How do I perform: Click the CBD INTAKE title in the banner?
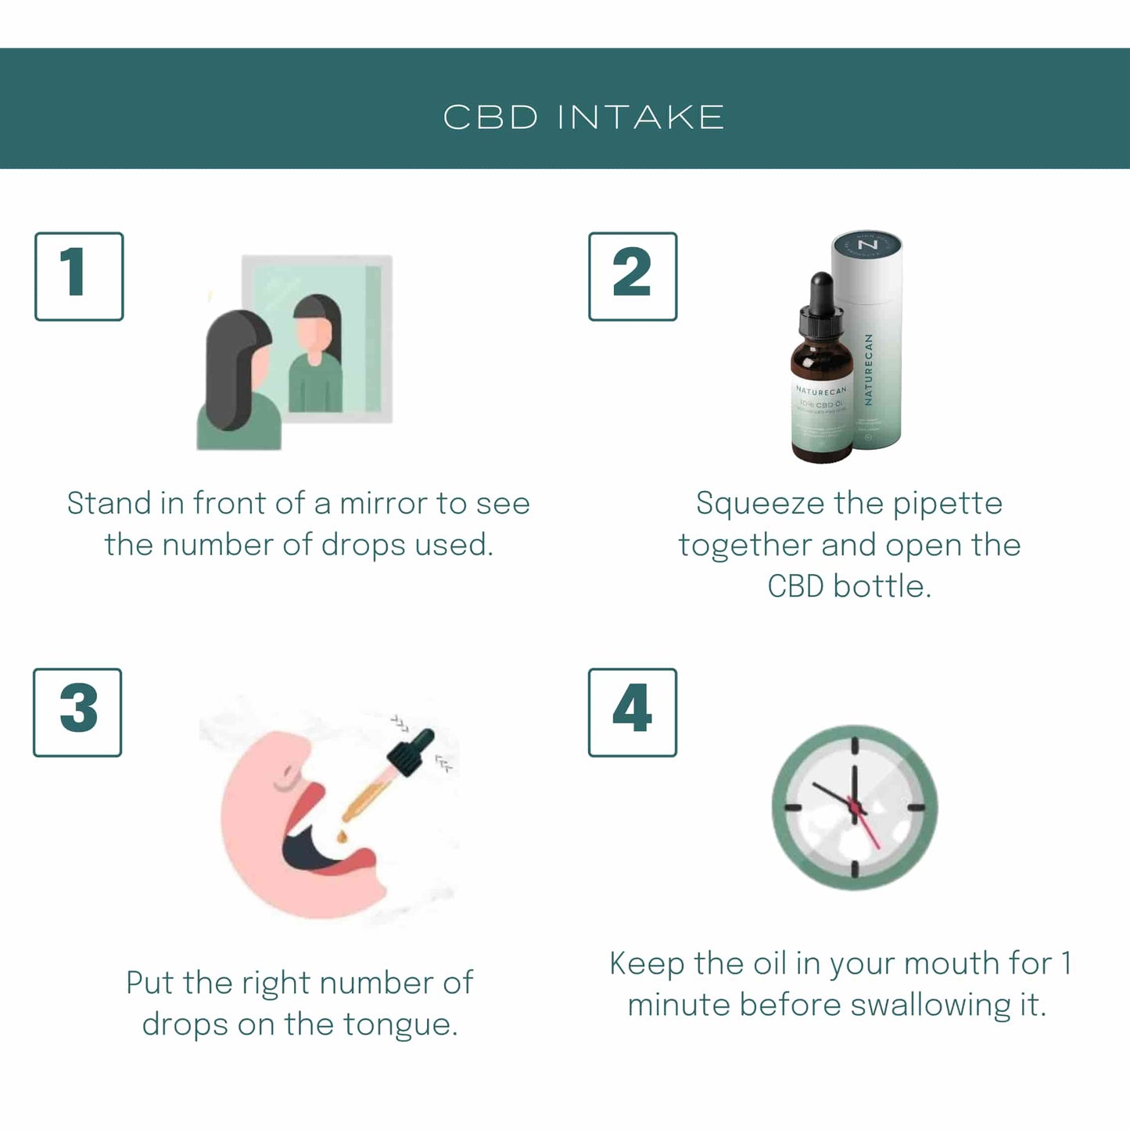(583, 117)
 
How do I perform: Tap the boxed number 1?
(79, 276)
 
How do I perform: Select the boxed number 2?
(633, 276)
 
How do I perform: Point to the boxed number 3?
(77, 712)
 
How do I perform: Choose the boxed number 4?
(632, 712)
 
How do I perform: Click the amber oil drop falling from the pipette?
(342, 838)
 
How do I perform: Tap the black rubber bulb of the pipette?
(411, 751)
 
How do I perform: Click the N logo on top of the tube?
(868, 246)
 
